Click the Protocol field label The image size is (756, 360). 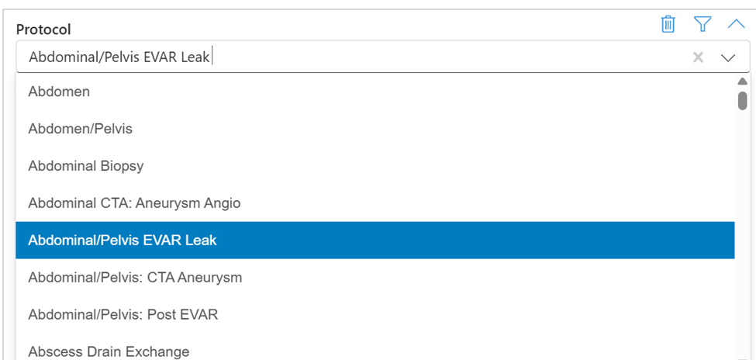click(x=43, y=29)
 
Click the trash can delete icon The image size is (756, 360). click(x=668, y=24)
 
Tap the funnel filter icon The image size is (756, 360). click(x=702, y=24)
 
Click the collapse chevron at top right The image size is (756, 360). click(x=736, y=24)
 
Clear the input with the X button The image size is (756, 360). click(x=698, y=57)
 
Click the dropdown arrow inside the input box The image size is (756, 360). click(x=728, y=57)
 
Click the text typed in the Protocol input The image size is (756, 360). click(x=119, y=57)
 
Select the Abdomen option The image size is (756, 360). click(x=59, y=92)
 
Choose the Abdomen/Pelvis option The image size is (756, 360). click(x=80, y=129)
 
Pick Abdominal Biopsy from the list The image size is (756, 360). click(x=85, y=166)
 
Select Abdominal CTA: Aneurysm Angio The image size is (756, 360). click(x=134, y=203)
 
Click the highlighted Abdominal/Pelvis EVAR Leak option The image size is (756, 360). click(x=123, y=241)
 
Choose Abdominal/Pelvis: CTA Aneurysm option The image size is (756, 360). click(x=135, y=278)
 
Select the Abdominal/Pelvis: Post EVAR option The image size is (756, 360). click(x=123, y=315)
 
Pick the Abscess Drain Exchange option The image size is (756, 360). click(x=109, y=352)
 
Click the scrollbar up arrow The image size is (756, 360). click(x=742, y=81)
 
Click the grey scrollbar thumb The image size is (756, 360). click(x=742, y=100)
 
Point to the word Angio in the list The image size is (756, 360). click(x=223, y=203)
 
